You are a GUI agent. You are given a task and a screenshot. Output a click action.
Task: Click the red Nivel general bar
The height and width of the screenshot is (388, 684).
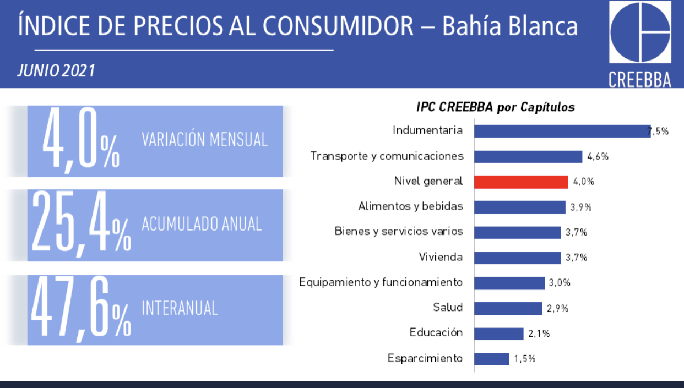tap(521, 182)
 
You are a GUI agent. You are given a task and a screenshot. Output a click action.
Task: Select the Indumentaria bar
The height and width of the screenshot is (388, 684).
tap(562, 132)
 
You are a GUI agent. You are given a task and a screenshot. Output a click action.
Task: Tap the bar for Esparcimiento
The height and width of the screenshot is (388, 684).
tap(492, 359)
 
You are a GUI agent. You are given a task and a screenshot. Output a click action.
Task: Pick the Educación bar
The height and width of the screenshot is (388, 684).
tap(498, 334)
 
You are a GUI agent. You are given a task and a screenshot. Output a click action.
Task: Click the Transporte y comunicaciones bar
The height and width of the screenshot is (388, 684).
tap(528, 157)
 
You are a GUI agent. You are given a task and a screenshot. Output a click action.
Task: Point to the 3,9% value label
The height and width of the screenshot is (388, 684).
tap(581, 207)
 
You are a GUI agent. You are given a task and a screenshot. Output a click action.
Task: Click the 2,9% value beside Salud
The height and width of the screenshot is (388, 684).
tap(557, 309)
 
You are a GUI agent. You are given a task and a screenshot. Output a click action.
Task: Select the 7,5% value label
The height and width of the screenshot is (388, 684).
tap(658, 132)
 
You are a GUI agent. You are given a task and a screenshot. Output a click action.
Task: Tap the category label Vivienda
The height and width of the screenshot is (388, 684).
tap(441, 257)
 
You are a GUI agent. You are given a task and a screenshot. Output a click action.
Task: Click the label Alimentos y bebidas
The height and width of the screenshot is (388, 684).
tap(411, 206)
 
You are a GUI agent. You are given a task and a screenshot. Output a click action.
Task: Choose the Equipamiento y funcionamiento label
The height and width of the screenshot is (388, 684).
tap(381, 282)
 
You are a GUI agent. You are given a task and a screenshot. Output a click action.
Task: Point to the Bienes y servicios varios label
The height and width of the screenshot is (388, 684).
tap(399, 231)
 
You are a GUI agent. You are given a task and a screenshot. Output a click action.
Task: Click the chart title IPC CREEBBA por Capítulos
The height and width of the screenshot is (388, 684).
tap(496, 107)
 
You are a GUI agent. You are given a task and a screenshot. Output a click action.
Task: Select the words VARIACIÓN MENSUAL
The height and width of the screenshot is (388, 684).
tap(204, 139)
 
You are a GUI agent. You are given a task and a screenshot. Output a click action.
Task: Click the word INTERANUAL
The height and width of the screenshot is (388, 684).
tap(180, 308)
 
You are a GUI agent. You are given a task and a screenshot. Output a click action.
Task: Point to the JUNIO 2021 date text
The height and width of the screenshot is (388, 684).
tap(56, 71)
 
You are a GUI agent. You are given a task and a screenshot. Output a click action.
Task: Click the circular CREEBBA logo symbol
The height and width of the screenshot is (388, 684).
tap(640, 32)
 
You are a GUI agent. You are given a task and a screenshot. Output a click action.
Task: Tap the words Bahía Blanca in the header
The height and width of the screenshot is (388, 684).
tap(510, 26)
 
